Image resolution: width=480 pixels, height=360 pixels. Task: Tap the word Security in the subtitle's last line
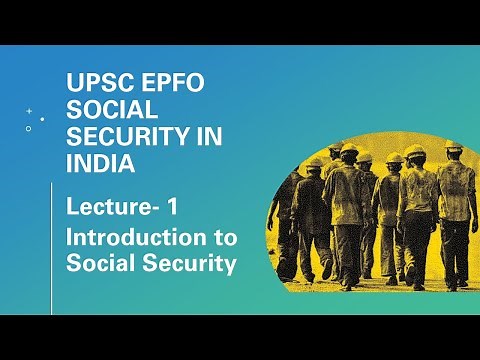(x=184, y=264)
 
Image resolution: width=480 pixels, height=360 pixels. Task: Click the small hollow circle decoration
(x=28, y=129)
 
